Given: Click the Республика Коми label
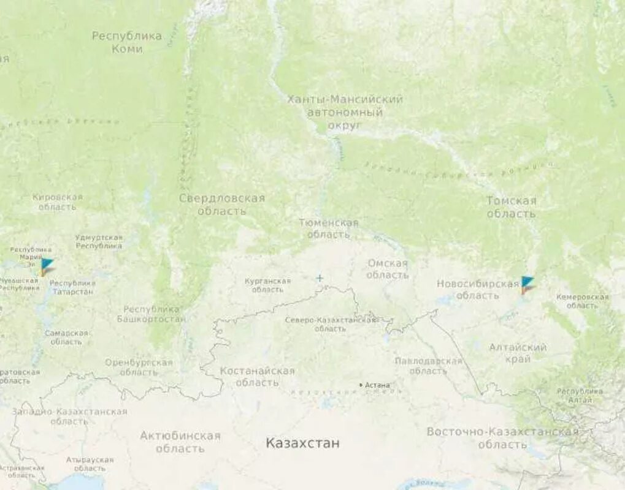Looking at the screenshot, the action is point(127,42).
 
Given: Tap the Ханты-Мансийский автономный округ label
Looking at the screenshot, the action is point(345,112).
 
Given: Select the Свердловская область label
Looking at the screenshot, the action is point(222,205).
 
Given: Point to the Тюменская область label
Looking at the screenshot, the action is point(329,228).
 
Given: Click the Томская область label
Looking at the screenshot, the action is point(511,207).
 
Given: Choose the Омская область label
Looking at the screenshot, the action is point(388,269).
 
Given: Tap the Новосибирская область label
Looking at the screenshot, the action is point(477,289).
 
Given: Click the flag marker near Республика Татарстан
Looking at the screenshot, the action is point(47,266).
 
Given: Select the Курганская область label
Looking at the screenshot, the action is point(267,285).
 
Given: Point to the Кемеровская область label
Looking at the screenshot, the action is point(582,301).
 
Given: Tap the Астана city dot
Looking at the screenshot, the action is point(361,385).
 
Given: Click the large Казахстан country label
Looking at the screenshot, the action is point(302,443).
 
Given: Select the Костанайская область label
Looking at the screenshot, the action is point(257,377).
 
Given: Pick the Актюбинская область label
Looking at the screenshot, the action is point(180,442).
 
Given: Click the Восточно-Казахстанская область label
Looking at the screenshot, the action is point(502,437).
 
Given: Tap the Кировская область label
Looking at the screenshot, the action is point(57,202).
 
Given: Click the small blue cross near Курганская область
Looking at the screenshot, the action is point(320,279).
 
